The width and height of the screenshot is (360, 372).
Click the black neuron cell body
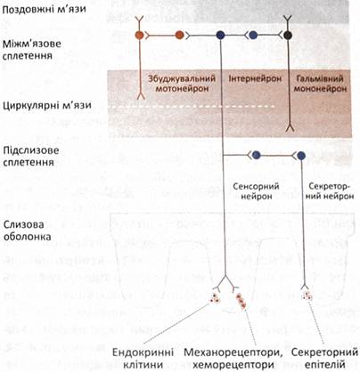click(287, 35)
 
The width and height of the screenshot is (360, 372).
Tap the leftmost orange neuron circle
click(139, 36)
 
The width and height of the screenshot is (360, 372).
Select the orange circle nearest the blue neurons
click(179, 36)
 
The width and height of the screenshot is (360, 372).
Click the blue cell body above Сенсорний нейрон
click(256, 155)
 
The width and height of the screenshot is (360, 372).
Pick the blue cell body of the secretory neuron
click(301, 155)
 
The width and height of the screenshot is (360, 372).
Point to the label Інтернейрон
click(255, 79)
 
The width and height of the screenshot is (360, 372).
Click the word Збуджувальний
click(182, 79)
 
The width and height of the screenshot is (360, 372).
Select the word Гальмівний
click(320, 79)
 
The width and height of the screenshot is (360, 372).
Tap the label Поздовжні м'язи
click(45, 9)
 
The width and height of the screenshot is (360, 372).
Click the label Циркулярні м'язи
click(47, 105)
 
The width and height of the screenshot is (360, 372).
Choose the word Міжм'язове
click(32, 44)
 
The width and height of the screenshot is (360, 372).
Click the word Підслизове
click(31, 150)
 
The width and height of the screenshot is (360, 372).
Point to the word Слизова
click(23, 224)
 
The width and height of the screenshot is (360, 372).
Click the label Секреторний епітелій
click(324, 359)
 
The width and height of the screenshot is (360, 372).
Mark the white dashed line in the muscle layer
click(192, 106)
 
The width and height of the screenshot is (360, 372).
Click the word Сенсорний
click(256, 187)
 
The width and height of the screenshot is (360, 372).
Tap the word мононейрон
click(321, 89)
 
